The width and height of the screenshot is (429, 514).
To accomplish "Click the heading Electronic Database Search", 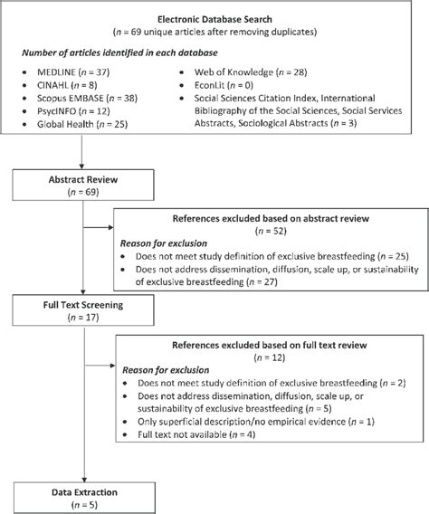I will [214, 17].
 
